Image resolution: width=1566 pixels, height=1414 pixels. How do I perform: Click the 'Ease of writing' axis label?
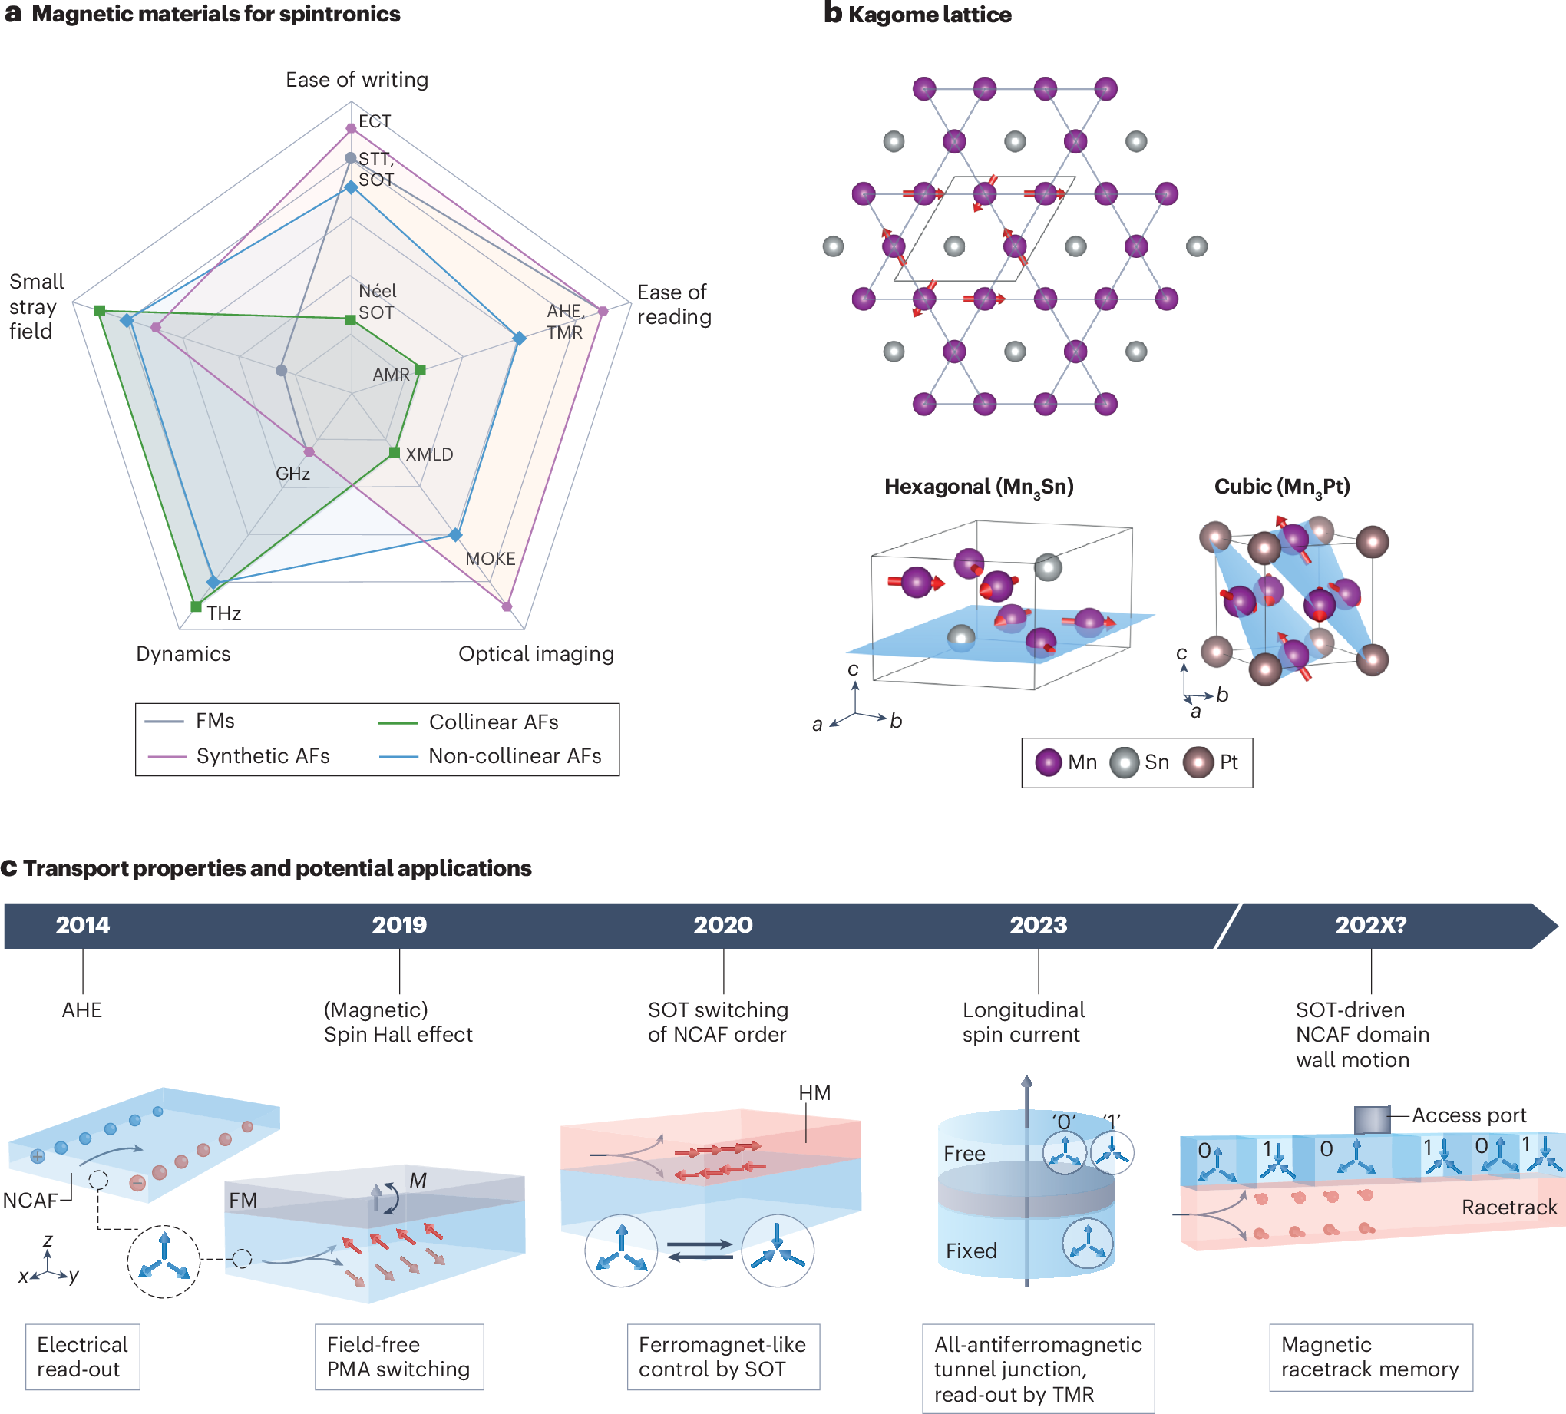tap(356, 79)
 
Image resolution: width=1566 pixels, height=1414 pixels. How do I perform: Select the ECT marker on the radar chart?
tap(351, 128)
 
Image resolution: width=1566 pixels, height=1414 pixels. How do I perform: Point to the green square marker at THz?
tap(196, 606)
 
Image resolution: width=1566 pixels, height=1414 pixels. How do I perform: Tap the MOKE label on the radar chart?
tap(491, 559)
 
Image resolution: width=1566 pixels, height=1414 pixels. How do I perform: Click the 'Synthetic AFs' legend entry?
tap(263, 756)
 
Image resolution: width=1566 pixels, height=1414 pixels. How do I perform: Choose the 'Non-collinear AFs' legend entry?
tap(514, 756)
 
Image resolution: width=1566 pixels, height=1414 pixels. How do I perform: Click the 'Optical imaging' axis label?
tap(536, 654)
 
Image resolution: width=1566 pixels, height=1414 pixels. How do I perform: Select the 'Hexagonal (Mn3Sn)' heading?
tap(979, 487)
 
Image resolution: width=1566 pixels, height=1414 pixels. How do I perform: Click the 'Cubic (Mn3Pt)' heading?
tap(1282, 487)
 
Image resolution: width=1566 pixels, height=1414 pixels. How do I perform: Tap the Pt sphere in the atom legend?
tap(1198, 762)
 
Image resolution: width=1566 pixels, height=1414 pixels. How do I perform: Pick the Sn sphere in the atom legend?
tap(1124, 762)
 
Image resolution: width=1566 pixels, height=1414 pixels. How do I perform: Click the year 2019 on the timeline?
tap(399, 924)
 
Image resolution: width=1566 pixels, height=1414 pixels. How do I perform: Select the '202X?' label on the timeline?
tap(1370, 924)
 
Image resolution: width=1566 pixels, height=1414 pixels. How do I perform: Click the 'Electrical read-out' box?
tap(82, 1356)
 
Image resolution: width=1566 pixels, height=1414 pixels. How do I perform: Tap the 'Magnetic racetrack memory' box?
tap(1370, 1356)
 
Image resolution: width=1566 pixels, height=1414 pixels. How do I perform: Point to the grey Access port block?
tap(1371, 1119)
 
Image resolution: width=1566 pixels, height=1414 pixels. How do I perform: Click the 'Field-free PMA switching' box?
tap(399, 1356)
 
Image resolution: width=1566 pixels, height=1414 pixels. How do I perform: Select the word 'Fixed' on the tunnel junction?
tap(971, 1250)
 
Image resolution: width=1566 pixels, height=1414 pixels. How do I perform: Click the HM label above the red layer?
tap(814, 1093)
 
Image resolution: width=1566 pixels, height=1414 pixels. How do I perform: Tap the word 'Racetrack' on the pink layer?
tap(1508, 1208)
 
